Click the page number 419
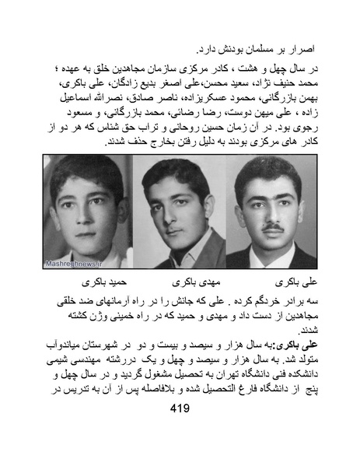pyautogui.click(x=180, y=431)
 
